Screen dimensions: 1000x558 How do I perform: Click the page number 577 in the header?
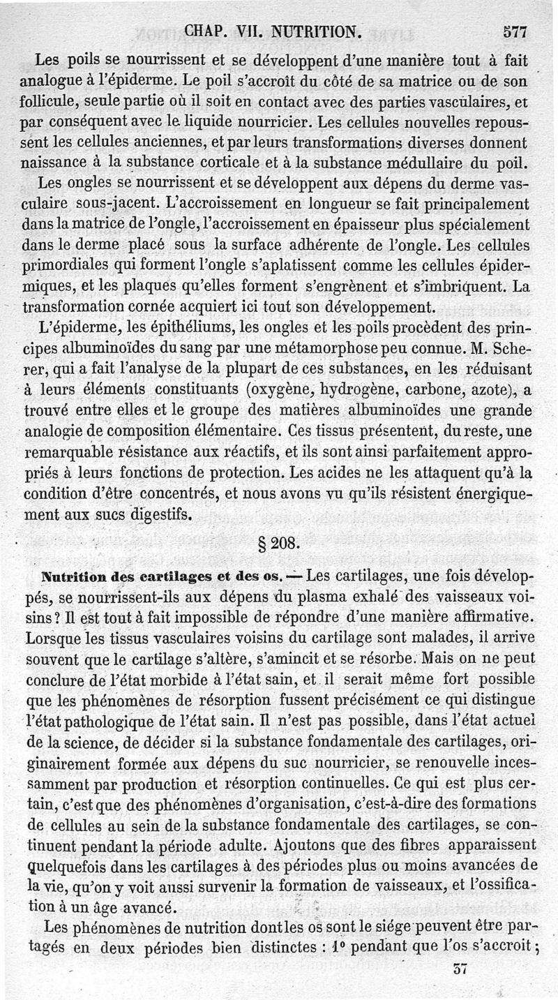(x=513, y=31)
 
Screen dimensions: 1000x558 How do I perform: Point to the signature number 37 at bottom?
(x=459, y=969)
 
